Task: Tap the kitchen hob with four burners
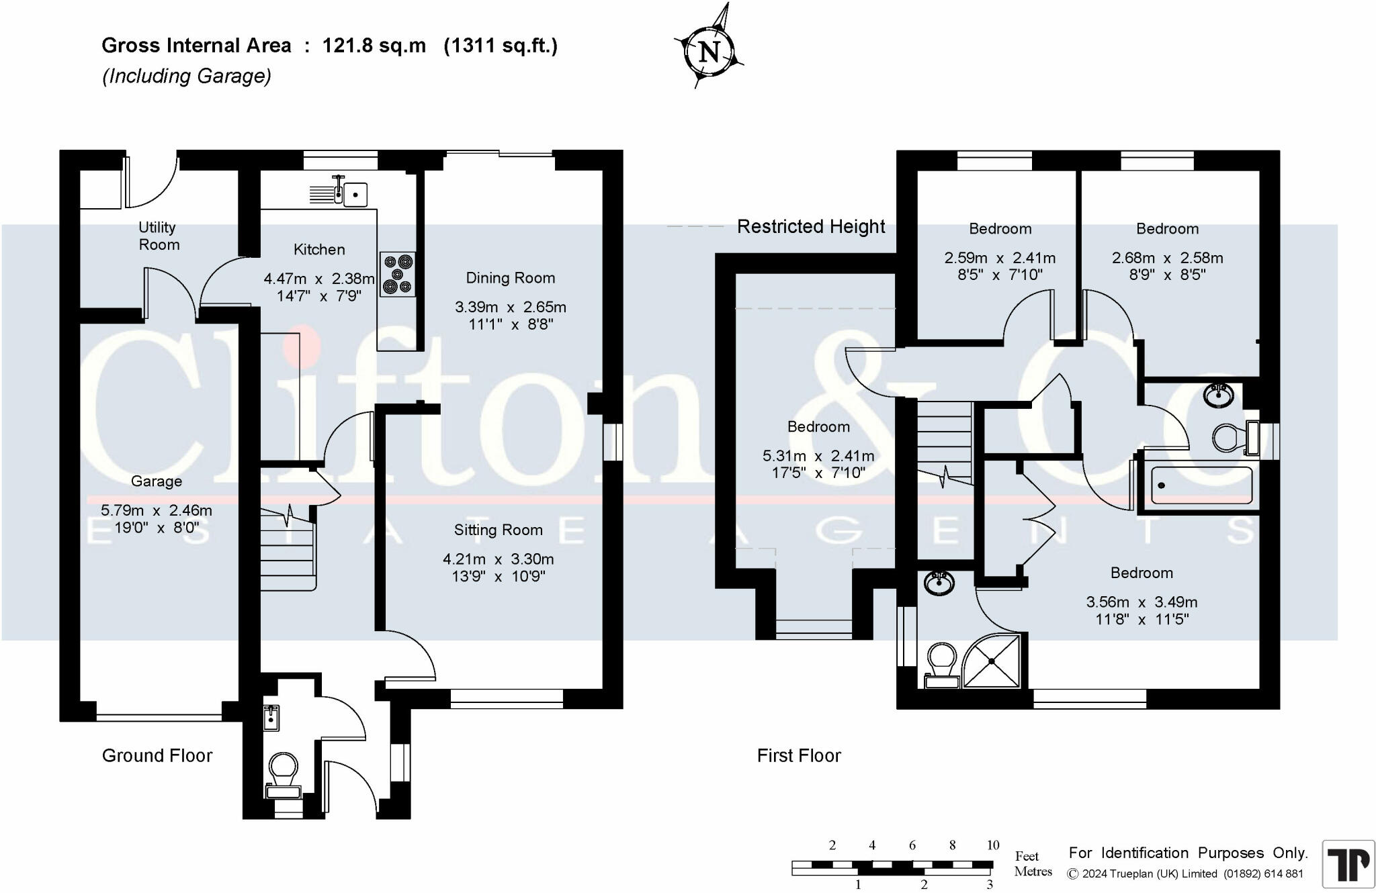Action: [397, 274]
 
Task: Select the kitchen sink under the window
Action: [339, 191]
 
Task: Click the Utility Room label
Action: [158, 236]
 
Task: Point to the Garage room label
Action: [157, 481]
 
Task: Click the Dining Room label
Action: [511, 278]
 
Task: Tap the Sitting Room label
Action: [499, 530]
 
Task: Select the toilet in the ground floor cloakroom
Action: [283, 776]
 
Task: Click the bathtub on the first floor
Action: [1202, 485]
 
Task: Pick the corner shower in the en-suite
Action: [992, 661]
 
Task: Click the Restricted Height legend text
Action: [811, 227]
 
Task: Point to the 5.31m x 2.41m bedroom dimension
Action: [818, 457]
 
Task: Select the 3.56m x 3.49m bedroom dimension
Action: [1142, 602]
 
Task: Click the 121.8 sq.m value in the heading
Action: [374, 46]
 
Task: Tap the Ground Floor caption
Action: [157, 755]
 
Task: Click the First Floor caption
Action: [799, 755]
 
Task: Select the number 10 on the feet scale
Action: [993, 845]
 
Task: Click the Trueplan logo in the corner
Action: [1348, 864]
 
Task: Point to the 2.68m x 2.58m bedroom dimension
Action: [1167, 258]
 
